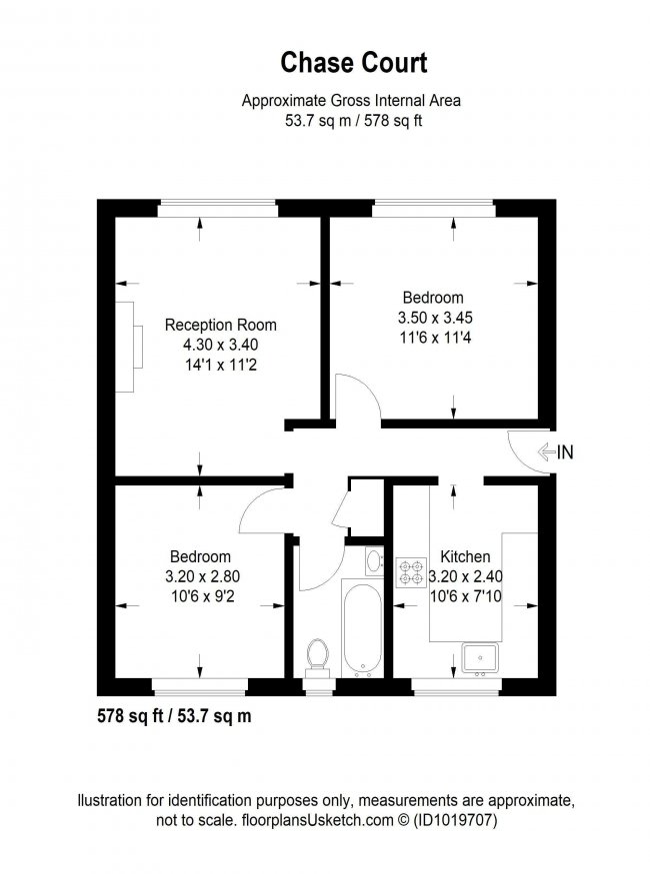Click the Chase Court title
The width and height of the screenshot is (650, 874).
(354, 62)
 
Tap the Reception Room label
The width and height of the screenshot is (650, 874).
(220, 325)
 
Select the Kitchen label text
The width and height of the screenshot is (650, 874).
(465, 556)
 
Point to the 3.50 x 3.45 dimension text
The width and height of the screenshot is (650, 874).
(435, 318)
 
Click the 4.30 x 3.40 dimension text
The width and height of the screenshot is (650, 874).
(220, 345)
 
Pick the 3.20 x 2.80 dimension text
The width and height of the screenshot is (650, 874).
(202, 576)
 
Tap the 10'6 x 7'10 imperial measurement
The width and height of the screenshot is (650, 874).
(466, 596)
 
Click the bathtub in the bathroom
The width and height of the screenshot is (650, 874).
(363, 628)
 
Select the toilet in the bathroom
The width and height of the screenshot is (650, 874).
(318, 658)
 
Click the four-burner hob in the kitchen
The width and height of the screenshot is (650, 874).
(412, 573)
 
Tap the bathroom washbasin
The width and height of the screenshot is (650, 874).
(374, 560)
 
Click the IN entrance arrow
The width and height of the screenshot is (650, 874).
(547, 451)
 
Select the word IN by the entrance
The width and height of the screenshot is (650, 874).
(565, 452)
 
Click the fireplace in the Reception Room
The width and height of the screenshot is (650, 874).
(129, 347)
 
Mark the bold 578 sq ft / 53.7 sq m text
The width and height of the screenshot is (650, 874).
(174, 716)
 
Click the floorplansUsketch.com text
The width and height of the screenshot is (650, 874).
(317, 820)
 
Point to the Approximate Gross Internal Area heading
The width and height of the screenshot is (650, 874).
(351, 101)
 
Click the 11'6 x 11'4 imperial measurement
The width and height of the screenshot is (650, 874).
(435, 338)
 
